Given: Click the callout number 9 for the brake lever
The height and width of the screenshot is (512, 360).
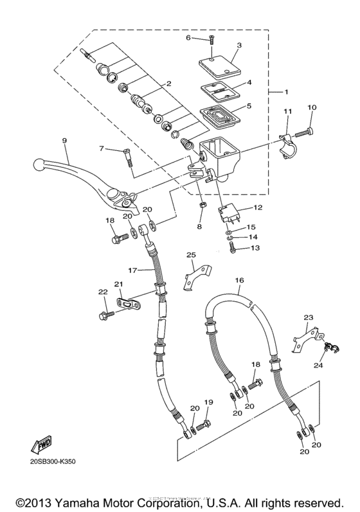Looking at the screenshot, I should pos(65,141).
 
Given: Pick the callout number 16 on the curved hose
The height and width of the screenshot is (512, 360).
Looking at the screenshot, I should pos(239,281).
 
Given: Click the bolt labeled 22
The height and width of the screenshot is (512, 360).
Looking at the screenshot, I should pos(104,315).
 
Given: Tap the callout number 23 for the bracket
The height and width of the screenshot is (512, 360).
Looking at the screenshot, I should pos(308,316).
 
